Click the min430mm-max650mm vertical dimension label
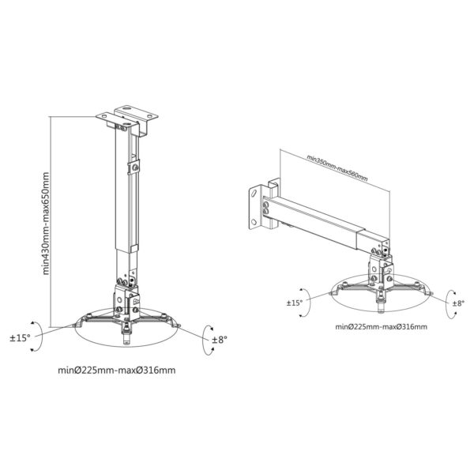click(46, 224)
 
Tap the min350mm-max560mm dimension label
click(337, 167)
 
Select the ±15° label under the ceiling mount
click(21, 338)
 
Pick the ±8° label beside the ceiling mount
click(219, 340)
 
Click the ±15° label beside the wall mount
click(295, 303)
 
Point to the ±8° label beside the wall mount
click(458, 303)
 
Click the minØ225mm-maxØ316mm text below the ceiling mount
click(117, 370)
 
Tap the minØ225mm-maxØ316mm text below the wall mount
click(382, 327)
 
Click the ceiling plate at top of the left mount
click(127, 116)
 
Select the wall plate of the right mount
click(255, 209)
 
